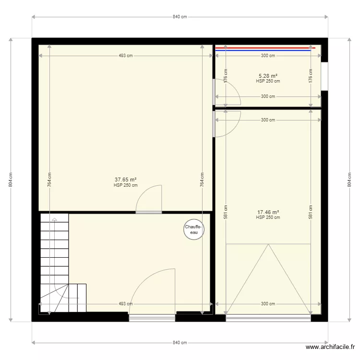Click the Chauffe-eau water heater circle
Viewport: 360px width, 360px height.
coord(193,230)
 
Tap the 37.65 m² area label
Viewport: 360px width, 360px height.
coord(126,180)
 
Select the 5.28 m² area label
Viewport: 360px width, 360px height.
coord(268,76)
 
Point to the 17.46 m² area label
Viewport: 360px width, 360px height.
coord(268,212)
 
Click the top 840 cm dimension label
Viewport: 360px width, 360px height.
coord(180,17)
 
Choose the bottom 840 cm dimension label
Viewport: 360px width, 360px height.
coord(180,343)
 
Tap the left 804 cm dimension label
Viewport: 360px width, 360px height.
coord(11,180)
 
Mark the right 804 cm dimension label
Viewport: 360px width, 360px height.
coord(349,180)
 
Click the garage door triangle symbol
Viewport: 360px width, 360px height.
coord(268,278)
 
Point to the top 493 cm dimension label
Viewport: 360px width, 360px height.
coord(126,56)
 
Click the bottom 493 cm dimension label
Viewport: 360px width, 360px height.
coord(126,304)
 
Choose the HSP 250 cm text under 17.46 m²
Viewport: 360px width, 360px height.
coord(268,217)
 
